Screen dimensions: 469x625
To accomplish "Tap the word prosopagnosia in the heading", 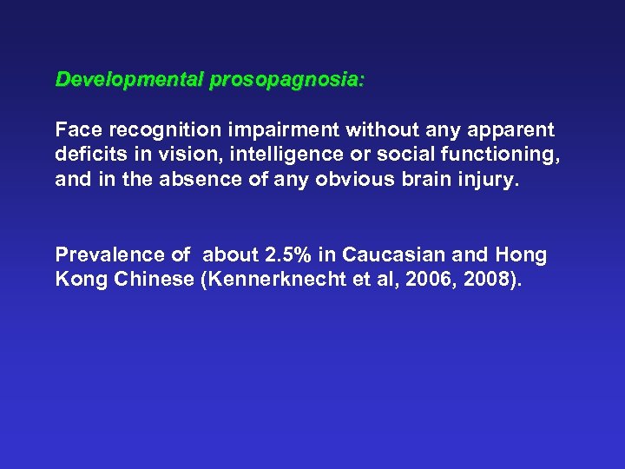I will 286,80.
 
